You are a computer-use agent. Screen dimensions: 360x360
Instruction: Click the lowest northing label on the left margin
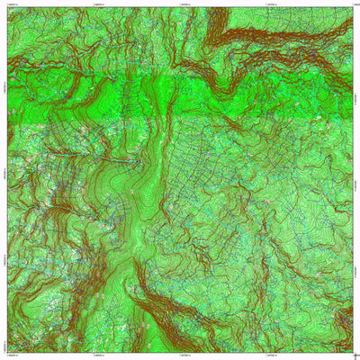4,346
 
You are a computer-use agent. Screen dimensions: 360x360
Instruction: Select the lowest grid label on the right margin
356,346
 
